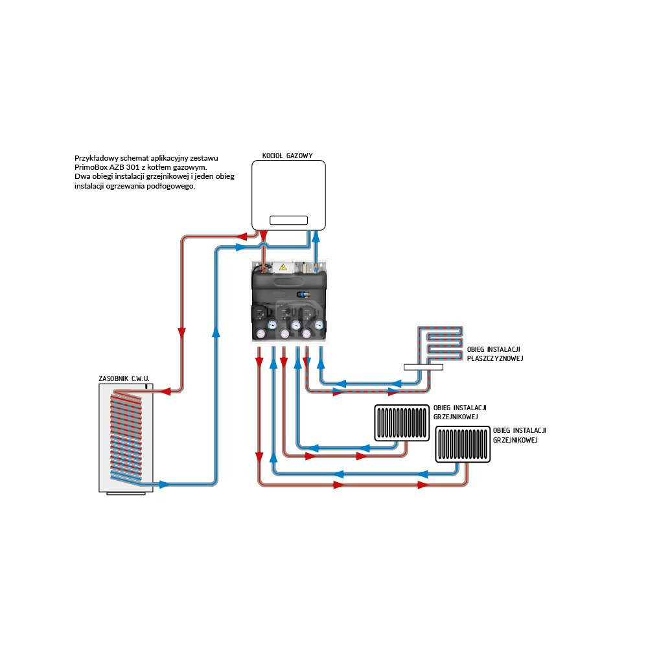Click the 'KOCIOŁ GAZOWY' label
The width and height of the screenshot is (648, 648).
288,156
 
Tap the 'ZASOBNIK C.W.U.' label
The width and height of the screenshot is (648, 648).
124,377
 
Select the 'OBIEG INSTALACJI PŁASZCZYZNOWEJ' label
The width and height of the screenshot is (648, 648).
494,354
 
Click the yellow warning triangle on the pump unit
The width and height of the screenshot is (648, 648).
283,266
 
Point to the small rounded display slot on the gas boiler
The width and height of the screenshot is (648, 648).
288,220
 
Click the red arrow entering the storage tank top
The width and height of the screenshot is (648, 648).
166,391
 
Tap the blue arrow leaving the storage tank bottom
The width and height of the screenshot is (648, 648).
164,484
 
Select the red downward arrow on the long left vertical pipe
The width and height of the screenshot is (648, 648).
182,332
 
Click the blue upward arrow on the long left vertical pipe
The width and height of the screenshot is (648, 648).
216,332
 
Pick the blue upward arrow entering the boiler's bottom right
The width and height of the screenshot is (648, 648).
316,237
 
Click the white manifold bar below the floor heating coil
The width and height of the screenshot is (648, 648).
423,367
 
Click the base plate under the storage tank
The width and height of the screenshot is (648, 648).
126,494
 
